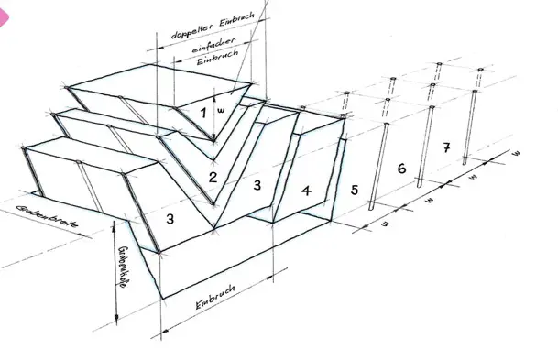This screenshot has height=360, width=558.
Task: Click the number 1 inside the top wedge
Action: click(x=203, y=112)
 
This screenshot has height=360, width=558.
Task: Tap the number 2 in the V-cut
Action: click(x=213, y=176)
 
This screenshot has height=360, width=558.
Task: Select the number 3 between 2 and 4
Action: click(x=257, y=185)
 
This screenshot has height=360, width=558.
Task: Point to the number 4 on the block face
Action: click(x=306, y=191)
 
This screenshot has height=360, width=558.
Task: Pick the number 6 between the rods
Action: click(x=400, y=170)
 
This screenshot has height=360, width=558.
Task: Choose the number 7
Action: click(x=446, y=147)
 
